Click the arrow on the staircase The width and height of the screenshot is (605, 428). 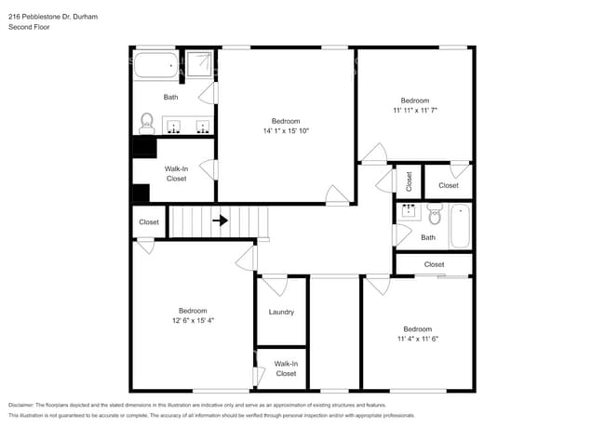coord(221,221)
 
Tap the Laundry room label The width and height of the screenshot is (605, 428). coord(281,312)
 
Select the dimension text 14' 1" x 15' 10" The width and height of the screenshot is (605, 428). coord(286,131)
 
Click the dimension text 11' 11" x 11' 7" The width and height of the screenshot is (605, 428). coord(415,111)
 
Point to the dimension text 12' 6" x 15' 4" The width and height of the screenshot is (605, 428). coord(193,320)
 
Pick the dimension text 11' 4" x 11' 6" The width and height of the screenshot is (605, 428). coord(417,339)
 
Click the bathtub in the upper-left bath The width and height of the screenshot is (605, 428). coord(155,66)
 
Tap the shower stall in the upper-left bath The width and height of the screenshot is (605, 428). coord(199,64)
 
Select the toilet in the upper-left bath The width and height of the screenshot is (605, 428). coord(146,122)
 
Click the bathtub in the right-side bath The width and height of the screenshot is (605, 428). coord(460,225)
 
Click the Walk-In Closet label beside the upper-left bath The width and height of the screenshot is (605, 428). coord(177,173)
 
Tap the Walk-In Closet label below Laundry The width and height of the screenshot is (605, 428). coord(286,368)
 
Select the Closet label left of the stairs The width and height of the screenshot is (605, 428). coord(149,222)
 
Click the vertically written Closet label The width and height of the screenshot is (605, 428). coord(409,181)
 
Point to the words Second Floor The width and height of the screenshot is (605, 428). coord(29,28)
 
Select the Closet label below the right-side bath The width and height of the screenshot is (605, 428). coord(434,264)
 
